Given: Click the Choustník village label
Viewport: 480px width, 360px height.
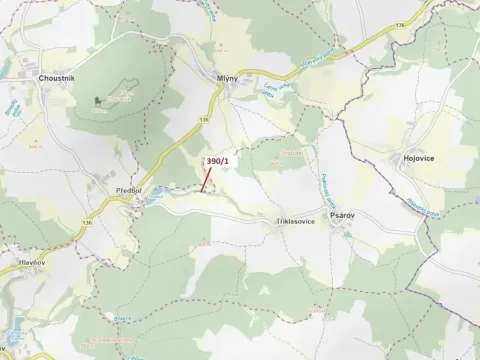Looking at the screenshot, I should tap(57, 77).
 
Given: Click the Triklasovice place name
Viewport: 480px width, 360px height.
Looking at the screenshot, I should tap(296, 220).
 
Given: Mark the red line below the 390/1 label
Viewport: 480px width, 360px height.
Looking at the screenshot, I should tap(205, 180).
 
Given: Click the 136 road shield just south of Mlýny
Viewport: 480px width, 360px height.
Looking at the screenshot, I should tap(204, 118).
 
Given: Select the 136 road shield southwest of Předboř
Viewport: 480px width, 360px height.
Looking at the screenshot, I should tap(88, 221).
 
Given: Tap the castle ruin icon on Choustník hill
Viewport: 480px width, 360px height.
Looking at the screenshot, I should tap(98, 100).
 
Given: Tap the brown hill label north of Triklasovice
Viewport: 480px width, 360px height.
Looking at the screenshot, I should tap(291, 151).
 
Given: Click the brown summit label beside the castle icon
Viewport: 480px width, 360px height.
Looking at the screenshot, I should tap(121, 99).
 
